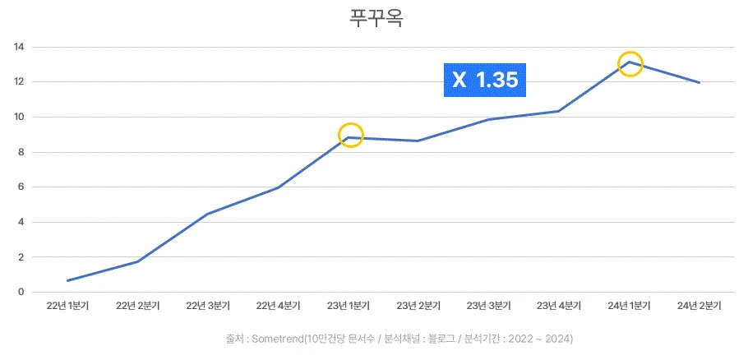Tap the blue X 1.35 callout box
485,80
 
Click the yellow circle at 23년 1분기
350,136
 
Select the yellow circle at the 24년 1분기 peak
630,63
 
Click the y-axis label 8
21,152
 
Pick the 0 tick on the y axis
21,292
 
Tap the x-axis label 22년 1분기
67,307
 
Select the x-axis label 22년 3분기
208,307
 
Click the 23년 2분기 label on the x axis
418,307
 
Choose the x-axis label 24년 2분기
699,307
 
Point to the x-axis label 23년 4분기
559,307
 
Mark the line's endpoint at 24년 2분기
700,82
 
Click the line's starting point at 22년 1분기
68,280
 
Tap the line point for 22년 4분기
279,187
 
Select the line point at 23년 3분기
489,119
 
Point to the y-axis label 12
18,82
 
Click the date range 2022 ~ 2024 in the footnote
541,339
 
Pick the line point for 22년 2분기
138,261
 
